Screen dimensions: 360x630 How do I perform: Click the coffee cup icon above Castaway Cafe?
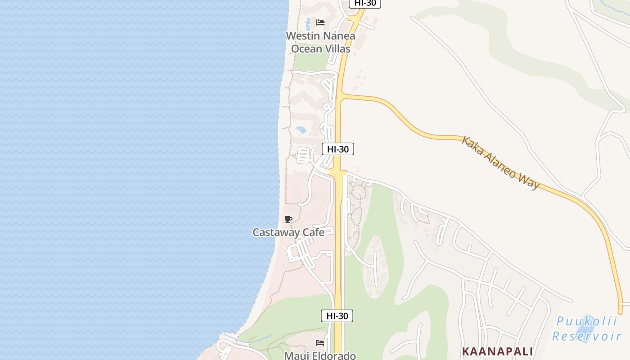tap(288, 220)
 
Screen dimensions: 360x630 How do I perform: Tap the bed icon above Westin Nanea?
tap(320, 22)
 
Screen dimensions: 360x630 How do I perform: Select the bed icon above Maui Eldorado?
tap(319, 343)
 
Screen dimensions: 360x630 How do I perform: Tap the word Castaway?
tap(275, 233)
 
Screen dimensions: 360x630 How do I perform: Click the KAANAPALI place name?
tap(497, 351)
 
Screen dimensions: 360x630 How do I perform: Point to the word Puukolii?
tap(587, 322)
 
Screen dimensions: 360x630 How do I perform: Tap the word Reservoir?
tap(587, 336)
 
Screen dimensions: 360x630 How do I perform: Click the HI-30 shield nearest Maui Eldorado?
tap(337, 316)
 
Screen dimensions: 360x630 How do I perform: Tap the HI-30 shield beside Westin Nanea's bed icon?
tap(365, 3)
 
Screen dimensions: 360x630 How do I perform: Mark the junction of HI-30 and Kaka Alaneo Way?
tap(341, 95)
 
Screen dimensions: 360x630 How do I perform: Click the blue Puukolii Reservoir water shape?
tap(588, 325)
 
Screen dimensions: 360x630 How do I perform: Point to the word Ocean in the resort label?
tap(306, 49)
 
